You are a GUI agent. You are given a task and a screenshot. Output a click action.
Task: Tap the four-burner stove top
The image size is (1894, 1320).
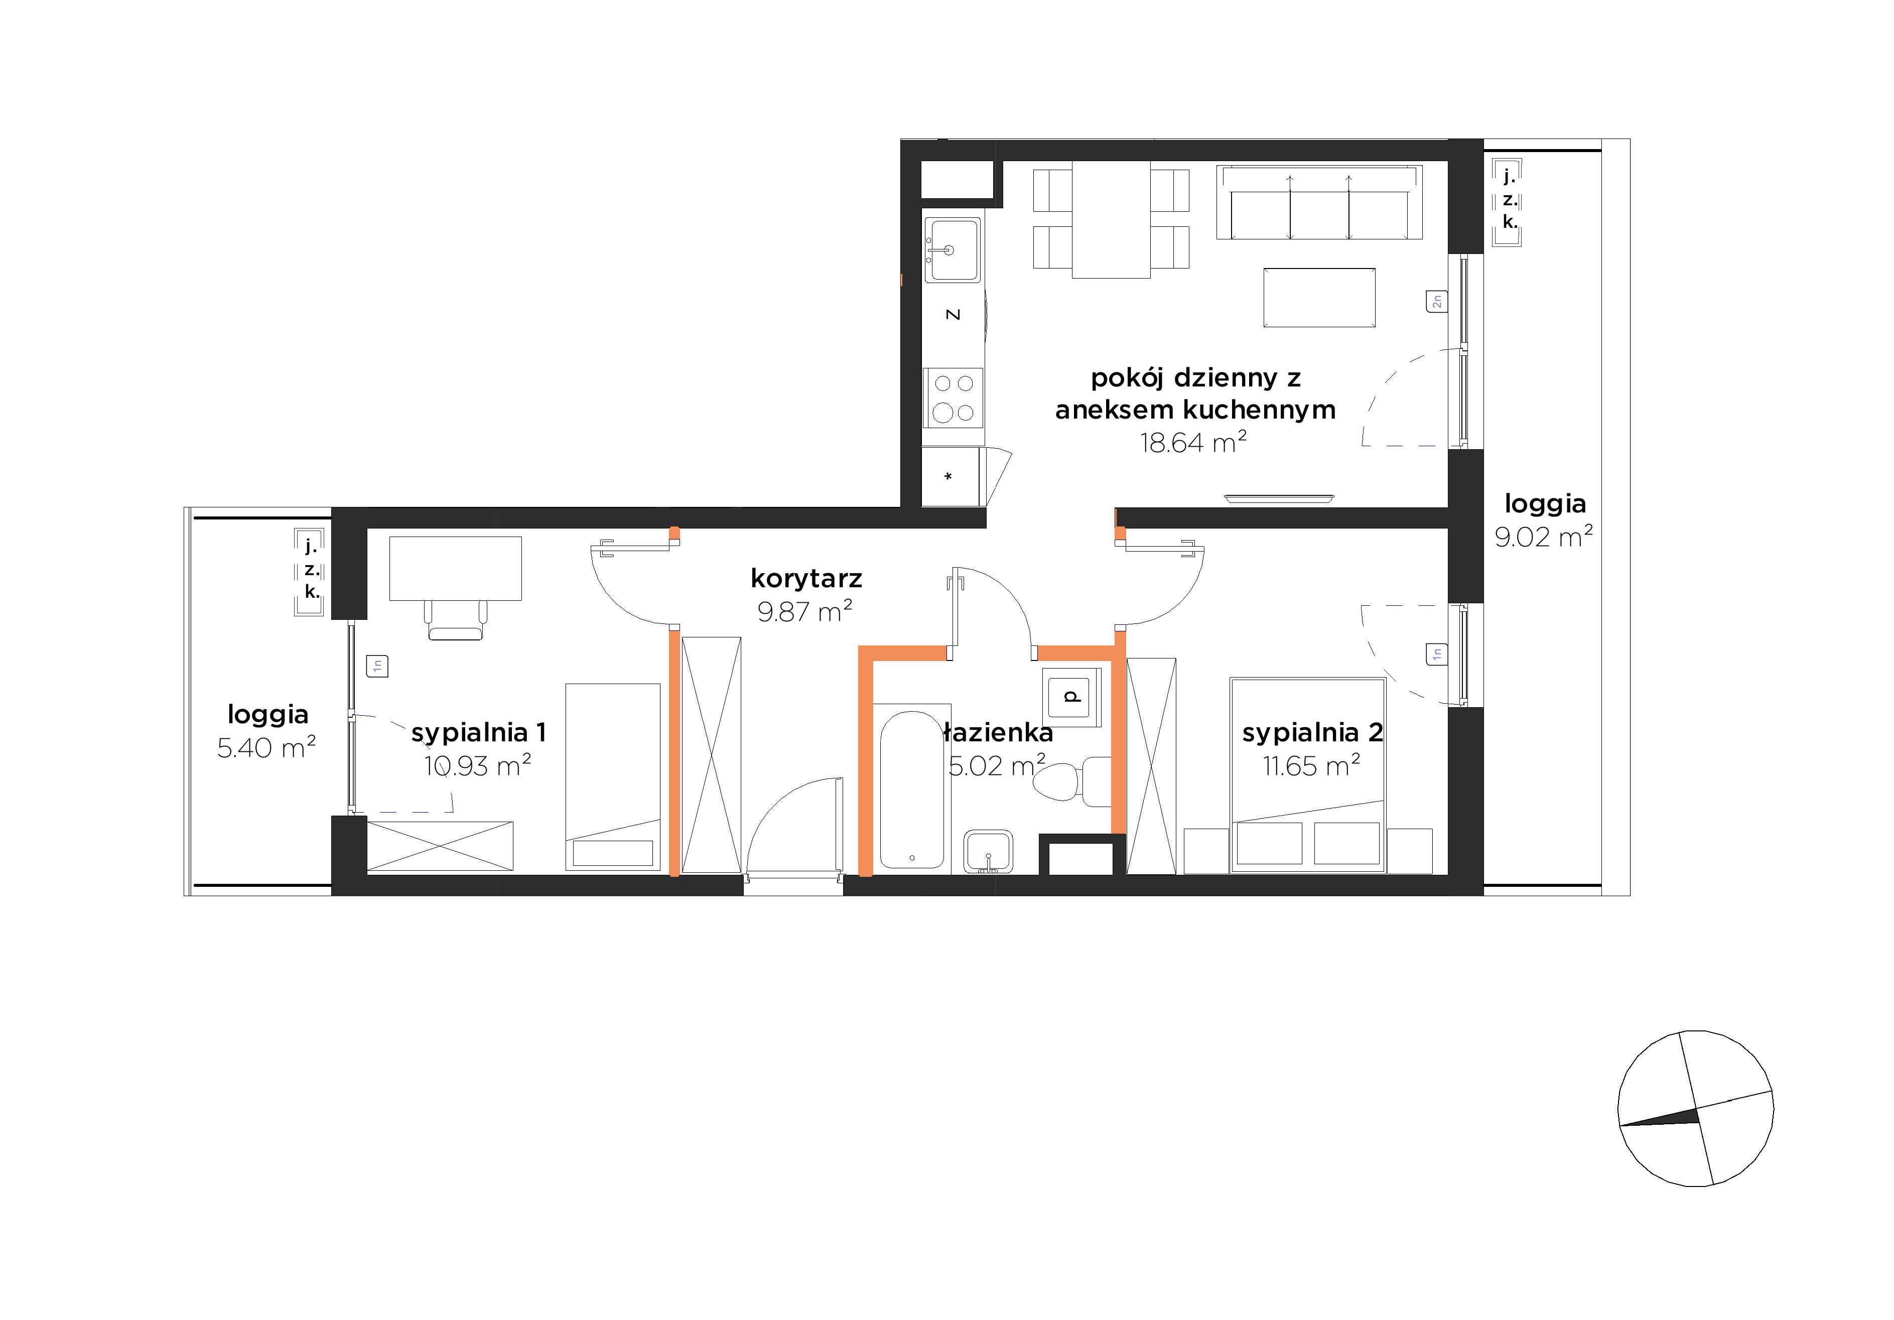[x=953, y=398]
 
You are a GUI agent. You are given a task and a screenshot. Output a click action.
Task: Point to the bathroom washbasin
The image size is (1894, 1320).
[x=988, y=851]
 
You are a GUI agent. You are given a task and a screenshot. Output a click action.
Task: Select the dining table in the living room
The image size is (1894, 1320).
[x=1111, y=219]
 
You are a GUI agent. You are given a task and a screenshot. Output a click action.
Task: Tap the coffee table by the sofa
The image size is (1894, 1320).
[x=1319, y=297]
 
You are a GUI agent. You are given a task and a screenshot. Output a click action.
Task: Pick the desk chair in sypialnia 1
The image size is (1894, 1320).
[x=455, y=619]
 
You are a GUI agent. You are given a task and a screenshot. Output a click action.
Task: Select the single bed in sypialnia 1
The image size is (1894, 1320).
[x=613, y=777]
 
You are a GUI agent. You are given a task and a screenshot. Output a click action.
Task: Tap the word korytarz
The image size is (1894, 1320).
[x=806, y=578]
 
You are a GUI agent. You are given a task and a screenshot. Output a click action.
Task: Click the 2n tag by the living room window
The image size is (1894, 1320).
[x=1436, y=302]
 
